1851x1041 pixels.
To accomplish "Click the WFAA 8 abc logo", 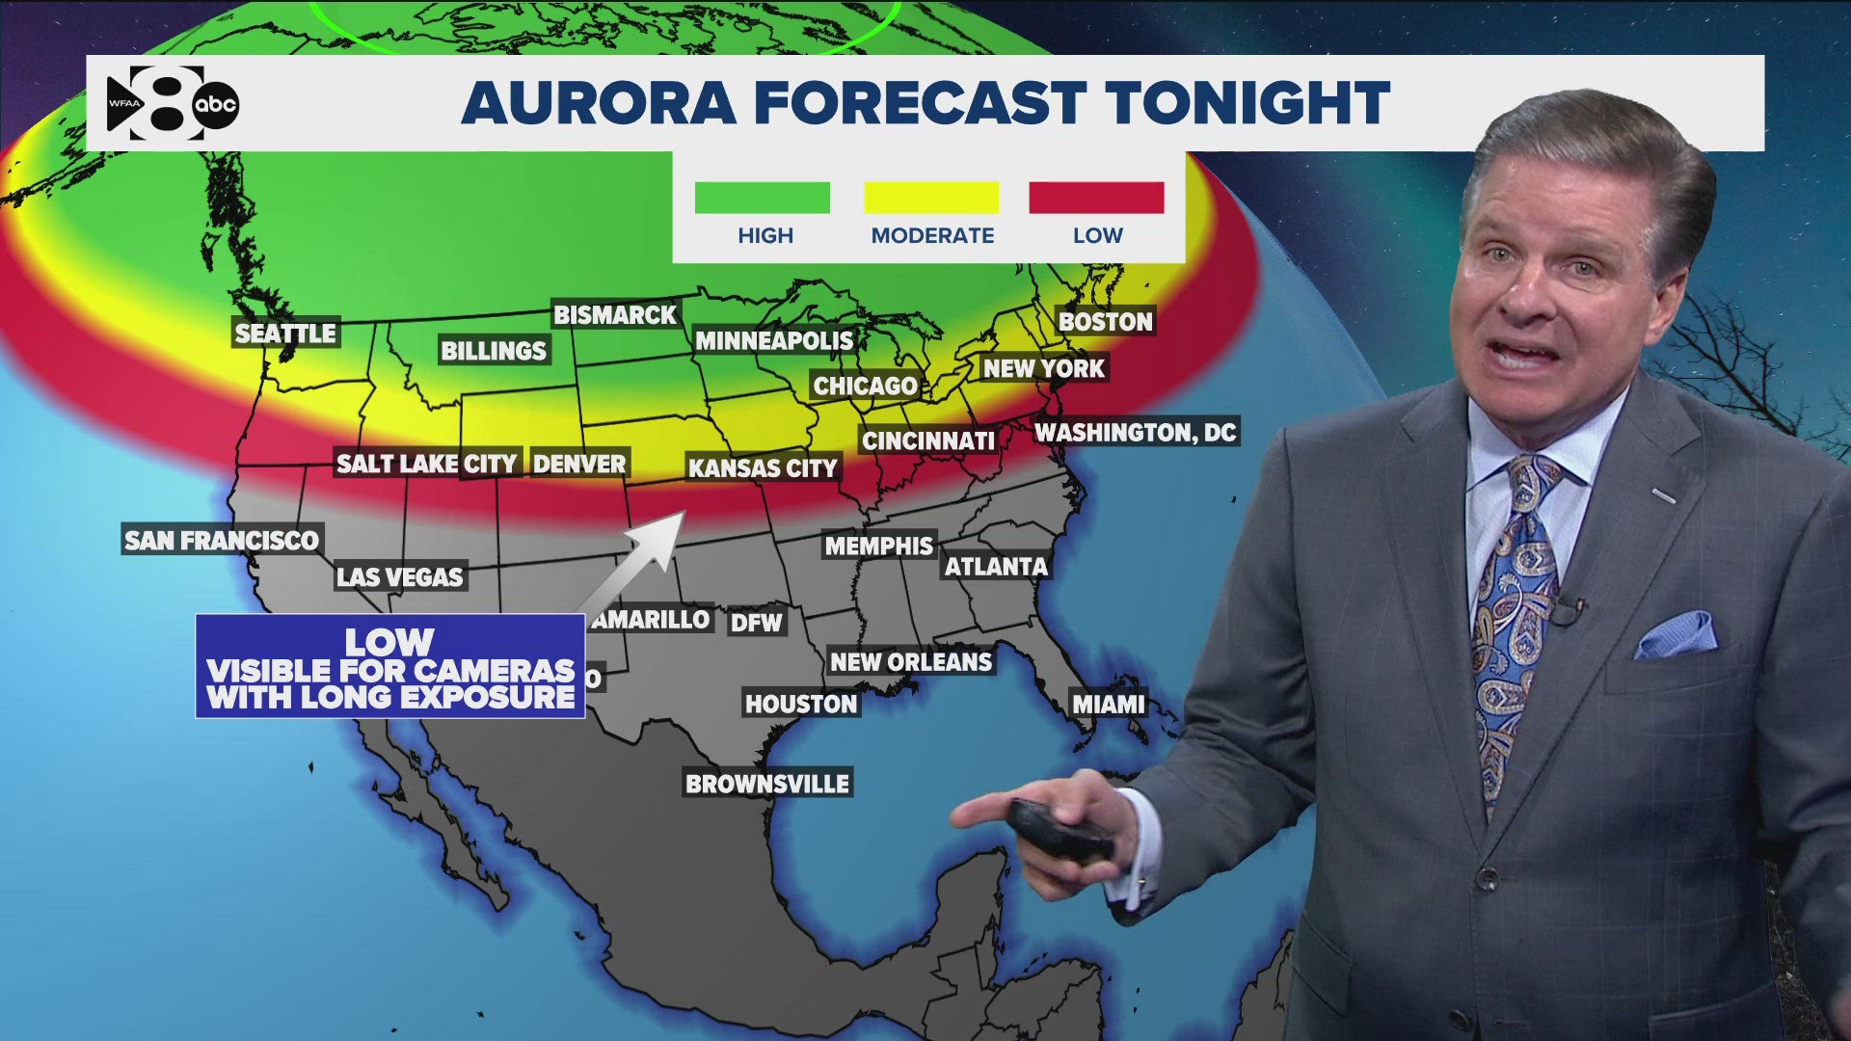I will [x=172, y=103].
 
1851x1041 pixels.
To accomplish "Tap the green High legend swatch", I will [x=762, y=198].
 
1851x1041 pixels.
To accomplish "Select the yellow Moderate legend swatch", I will [x=931, y=198].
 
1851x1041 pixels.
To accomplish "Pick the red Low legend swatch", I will [x=1096, y=198].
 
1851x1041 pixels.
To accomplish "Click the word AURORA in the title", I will [x=599, y=103].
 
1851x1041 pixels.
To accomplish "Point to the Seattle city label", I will [x=285, y=334].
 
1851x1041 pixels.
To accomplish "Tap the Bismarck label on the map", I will [x=615, y=315].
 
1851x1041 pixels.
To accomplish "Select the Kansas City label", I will [x=763, y=468].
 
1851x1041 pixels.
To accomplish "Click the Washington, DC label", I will [x=1136, y=432].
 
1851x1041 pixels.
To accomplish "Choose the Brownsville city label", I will [x=767, y=784].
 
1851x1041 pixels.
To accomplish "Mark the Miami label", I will [x=1109, y=705].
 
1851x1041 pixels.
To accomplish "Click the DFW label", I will [x=757, y=623].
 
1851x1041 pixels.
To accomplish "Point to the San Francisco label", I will [x=222, y=540].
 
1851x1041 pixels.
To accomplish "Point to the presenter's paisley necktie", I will [x=1514, y=617].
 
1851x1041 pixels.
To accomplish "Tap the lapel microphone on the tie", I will [x=1567, y=609].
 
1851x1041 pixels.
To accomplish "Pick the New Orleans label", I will [x=911, y=662].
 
